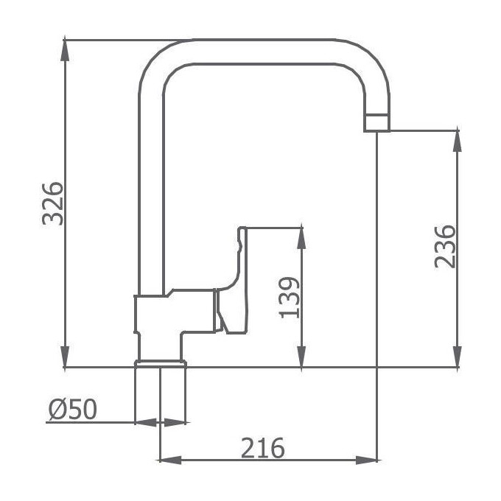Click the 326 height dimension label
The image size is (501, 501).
[53, 204]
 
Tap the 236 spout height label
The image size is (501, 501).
[444, 247]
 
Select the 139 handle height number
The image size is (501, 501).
[290, 298]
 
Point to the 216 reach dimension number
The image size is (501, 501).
[262, 448]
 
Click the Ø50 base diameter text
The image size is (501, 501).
[73, 410]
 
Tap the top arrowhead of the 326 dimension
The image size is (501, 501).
[65, 49]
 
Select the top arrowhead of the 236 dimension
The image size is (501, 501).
[458, 141]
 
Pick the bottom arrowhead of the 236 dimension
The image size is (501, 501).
[458, 357]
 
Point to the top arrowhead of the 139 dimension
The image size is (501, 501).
[301, 239]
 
